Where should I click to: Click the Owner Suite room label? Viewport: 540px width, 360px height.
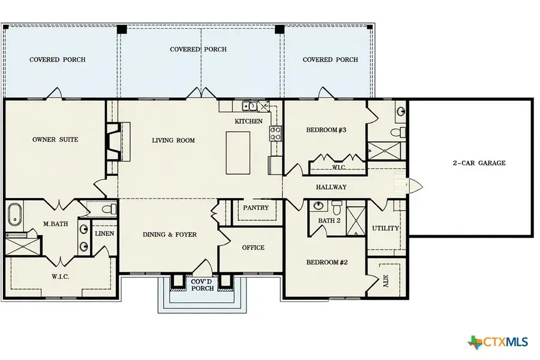click(x=55, y=140)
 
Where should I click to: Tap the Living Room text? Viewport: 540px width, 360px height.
click(x=173, y=140)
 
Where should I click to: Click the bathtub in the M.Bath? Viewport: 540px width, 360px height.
click(x=15, y=215)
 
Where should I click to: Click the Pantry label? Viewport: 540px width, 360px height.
click(x=255, y=208)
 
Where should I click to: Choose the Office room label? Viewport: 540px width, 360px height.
click(x=253, y=247)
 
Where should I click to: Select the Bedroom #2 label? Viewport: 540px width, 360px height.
click(x=327, y=262)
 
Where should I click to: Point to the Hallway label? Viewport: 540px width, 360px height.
click(x=331, y=187)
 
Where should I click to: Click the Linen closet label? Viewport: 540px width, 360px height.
click(x=104, y=233)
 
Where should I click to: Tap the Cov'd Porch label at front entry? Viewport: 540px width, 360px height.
click(x=202, y=284)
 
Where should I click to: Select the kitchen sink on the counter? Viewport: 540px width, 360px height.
click(x=250, y=107)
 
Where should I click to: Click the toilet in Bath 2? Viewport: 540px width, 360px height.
click(x=336, y=208)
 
